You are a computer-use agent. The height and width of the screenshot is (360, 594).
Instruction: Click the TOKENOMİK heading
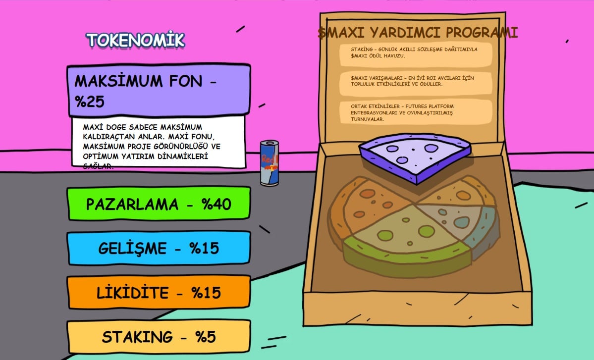point(135,40)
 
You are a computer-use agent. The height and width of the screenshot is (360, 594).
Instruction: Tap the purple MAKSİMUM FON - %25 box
point(159,90)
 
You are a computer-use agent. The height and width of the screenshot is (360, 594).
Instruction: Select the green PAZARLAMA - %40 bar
point(159,204)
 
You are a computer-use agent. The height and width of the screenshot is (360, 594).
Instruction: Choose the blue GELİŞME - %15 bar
point(159,248)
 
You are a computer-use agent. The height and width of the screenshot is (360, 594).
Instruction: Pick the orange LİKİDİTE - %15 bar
point(159,292)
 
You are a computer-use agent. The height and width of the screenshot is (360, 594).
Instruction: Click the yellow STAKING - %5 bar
point(159,337)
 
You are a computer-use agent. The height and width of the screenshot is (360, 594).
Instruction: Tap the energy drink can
point(270,163)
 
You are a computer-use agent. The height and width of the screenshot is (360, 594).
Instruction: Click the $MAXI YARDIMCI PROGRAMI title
point(418,33)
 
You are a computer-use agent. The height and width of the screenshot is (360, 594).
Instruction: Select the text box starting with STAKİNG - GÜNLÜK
point(416,52)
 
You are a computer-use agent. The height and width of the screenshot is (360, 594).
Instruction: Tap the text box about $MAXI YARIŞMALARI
point(416,81)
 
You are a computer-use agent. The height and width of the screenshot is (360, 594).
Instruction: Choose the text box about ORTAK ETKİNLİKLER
point(416,113)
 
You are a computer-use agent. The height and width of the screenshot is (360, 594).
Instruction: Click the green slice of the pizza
point(406,243)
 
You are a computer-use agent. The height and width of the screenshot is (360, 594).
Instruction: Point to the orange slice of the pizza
point(369,203)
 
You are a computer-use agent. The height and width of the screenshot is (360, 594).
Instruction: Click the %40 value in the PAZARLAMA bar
point(216,204)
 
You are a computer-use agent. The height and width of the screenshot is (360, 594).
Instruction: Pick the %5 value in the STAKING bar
point(205,337)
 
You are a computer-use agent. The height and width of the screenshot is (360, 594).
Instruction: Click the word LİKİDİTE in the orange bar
point(132,293)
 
